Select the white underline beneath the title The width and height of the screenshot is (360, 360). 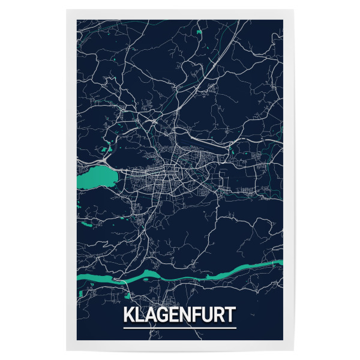pos(180,328)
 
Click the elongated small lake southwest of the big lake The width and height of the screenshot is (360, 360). pos(87,224)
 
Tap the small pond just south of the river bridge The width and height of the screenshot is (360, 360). pos(127,294)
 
